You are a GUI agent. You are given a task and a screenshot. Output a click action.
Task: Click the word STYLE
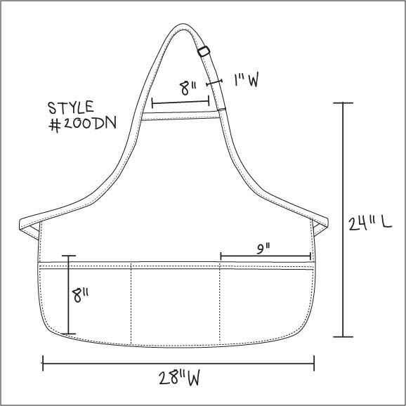pos(71,107)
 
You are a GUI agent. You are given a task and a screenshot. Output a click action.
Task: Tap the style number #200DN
pos(83,124)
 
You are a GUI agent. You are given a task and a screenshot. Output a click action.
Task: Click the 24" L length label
pos(369,223)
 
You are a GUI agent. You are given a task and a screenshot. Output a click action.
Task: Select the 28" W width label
pos(179,379)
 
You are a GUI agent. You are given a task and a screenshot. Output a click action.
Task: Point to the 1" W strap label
pos(247,80)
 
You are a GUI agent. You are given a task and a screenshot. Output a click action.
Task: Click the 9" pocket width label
pos(263,249)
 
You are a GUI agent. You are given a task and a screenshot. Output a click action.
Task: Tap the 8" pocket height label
pos(80,295)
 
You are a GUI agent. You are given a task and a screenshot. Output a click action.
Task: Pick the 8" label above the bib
pos(188,89)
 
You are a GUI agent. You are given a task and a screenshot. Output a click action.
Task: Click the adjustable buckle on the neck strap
pos(204,51)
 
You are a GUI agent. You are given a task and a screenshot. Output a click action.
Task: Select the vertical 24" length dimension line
pos(343,220)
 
